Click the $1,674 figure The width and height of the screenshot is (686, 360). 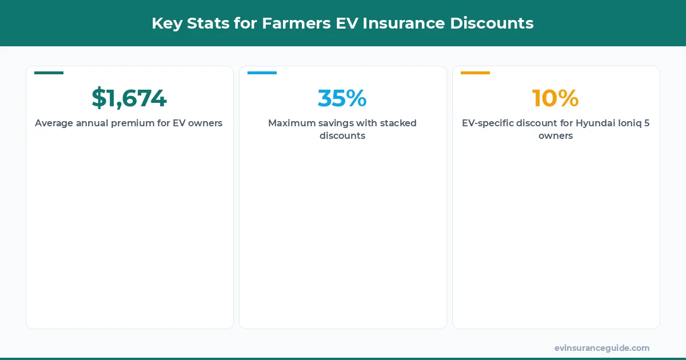coord(129,98)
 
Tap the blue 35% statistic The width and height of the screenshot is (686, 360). coord(342,98)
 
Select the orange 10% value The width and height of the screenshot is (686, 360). coord(555,98)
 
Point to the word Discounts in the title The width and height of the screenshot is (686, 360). coord(492,23)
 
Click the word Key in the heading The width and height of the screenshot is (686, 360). coord(164,23)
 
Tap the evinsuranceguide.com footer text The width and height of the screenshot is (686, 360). coord(602,348)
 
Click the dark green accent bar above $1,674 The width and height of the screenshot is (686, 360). coord(49,73)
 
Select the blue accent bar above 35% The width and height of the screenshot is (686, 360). coord(262,73)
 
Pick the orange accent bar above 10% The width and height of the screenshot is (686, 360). coord(475,73)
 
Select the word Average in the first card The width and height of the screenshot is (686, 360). coord(54,123)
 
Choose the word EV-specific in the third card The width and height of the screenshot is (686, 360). coord(486,123)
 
